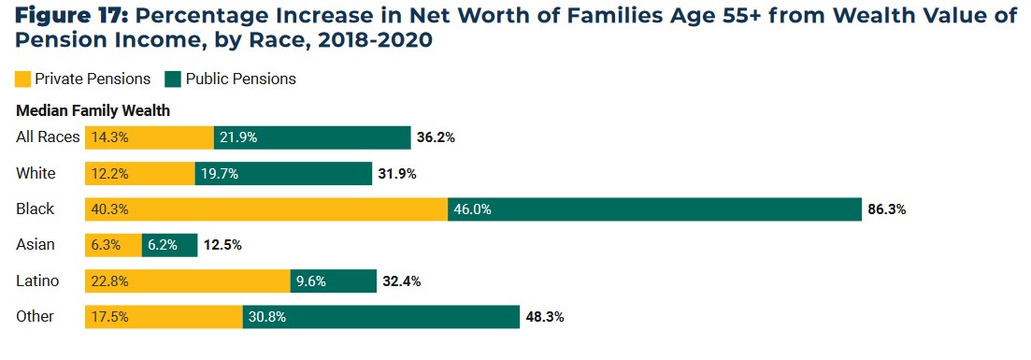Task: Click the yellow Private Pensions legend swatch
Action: click(24, 79)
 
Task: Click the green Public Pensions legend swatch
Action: click(173, 79)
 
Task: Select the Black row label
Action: click(36, 209)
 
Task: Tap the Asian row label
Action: click(36, 245)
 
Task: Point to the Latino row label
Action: click(37, 281)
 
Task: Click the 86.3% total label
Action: click(886, 209)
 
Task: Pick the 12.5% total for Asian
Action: click(222, 245)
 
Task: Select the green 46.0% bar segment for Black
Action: click(654, 209)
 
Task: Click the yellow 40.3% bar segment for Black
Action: click(266, 209)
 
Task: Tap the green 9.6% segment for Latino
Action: click(332, 281)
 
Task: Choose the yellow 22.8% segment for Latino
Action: click(188, 281)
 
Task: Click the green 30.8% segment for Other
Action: click(380, 317)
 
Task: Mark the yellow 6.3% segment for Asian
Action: click(113, 245)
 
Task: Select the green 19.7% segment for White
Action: click(283, 174)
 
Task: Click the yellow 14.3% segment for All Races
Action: click(150, 137)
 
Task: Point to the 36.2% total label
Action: click(436, 137)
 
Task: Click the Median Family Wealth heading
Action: click(93, 110)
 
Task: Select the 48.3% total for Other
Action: click(544, 317)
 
